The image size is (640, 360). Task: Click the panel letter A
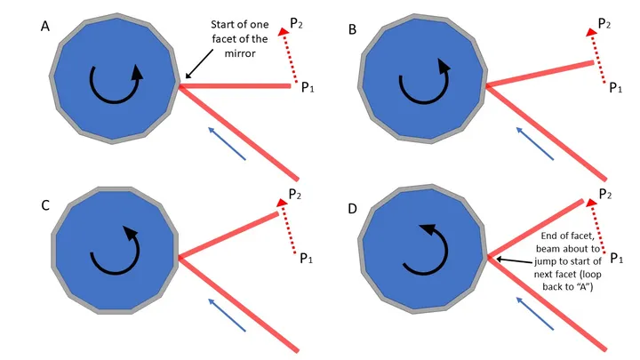45,27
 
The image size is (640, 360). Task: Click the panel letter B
353,28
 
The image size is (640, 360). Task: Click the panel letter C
45,204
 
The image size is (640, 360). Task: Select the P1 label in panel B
615,86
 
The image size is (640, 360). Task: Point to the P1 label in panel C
308,259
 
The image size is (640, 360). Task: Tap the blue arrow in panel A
227,143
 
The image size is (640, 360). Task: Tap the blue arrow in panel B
534,143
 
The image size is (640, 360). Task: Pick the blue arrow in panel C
227,316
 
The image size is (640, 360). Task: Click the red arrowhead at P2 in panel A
284,33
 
